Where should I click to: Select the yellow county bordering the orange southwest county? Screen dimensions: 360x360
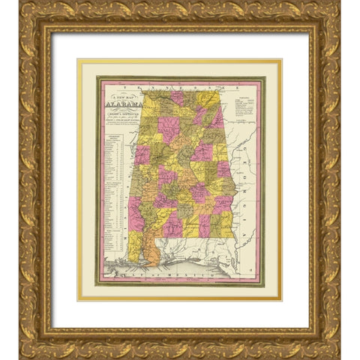136,244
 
